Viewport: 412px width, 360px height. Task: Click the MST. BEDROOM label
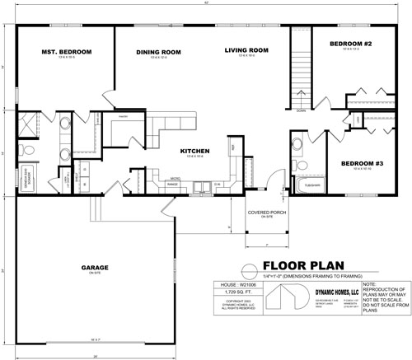66,52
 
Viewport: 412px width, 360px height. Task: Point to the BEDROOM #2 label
351,43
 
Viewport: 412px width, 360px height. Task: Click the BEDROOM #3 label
362,163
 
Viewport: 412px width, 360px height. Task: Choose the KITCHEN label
197,151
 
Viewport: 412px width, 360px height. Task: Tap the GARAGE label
96,268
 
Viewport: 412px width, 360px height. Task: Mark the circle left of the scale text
245,269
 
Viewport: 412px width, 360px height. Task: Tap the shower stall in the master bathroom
30,125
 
